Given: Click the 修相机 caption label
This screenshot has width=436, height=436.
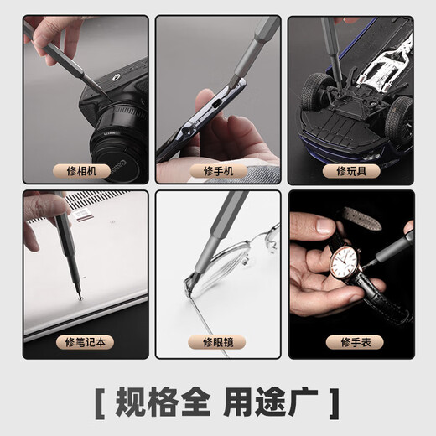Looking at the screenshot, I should tap(86, 171).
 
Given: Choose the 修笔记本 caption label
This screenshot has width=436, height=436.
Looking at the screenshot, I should tap(86, 342).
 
